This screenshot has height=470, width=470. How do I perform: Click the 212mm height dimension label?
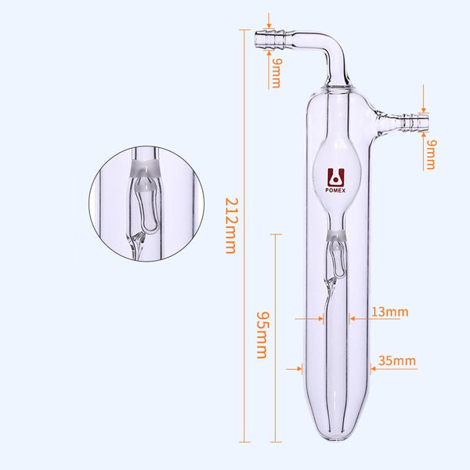pyautogui.click(x=232, y=226)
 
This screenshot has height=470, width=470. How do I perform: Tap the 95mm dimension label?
pyautogui.click(x=262, y=335)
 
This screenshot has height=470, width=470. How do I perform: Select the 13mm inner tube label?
pyautogui.click(x=389, y=312)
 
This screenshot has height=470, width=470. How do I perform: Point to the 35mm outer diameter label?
pyautogui.click(x=397, y=360)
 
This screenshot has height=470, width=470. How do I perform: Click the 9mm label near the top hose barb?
pyautogui.click(x=277, y=74)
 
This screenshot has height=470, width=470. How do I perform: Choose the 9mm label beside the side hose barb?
pyautogui.click(x=431, y=154)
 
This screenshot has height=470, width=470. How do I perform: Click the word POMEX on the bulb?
pyautogui.click(x=335, y=190)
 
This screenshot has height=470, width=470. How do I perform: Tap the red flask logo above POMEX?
pyautogui.click(x=336, y=177)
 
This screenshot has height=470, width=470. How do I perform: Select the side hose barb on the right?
pyautogui.click(x=416, y=123)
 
